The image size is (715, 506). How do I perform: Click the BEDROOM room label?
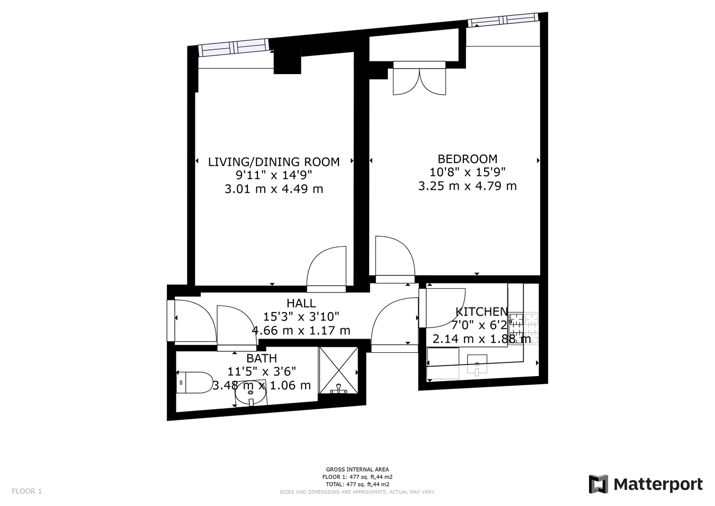[467, 158]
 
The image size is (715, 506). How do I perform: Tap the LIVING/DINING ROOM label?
[273, 162]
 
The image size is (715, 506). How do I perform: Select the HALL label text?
[301, 303]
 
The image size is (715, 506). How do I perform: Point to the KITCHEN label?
[481, 312]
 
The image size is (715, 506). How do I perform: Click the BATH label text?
[261, 358]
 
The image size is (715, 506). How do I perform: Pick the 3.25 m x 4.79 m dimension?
[467, 186]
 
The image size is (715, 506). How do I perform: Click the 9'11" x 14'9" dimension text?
[273, 175]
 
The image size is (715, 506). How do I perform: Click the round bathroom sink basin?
[251, 393]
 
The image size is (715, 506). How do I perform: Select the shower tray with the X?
[338, 370]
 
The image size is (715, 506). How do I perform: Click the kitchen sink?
[477, 365]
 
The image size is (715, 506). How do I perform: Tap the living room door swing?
[327, 269]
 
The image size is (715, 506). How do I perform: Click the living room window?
[234, 48]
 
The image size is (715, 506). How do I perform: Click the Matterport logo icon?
[598, 484]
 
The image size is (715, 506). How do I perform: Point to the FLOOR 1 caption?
[26, 491]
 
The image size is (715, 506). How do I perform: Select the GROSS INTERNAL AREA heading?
[357, 469]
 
